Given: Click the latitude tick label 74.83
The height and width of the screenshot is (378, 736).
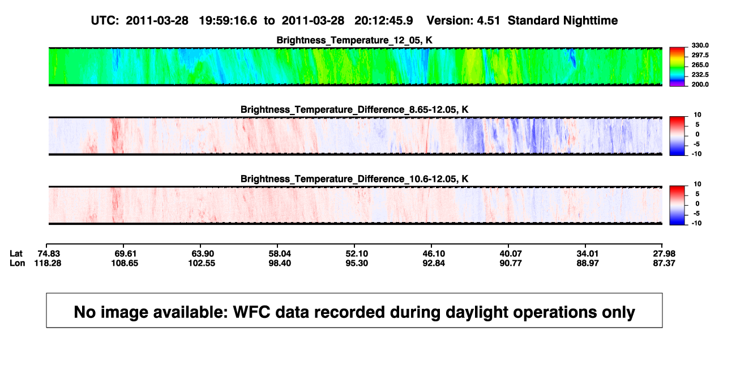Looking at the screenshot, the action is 49,254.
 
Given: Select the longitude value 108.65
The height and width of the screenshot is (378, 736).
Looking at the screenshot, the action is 125,263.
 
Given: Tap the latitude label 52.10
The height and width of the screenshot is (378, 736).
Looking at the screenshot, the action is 357,254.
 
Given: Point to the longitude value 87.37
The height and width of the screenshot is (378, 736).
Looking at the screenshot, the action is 664,263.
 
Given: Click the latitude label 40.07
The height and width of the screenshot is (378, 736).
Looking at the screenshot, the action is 511,254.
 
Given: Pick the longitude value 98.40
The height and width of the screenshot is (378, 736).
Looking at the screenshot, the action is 280,263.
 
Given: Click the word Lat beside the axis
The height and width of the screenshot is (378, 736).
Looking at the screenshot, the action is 16,254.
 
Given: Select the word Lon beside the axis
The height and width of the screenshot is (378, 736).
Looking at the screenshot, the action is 18,263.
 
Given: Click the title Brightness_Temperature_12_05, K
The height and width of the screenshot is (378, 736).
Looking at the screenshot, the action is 354,40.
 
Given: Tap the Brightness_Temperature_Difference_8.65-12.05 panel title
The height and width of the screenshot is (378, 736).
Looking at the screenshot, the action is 354,109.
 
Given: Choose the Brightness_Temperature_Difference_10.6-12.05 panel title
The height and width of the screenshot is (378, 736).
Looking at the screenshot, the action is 354,179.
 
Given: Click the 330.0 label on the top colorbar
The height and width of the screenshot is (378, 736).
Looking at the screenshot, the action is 700,45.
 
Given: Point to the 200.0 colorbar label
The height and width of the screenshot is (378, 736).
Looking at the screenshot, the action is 700,84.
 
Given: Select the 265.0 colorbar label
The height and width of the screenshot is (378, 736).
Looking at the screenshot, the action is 700,65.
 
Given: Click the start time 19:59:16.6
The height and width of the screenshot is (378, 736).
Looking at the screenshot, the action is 228,21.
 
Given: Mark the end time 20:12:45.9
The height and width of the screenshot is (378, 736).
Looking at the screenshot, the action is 384,21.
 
